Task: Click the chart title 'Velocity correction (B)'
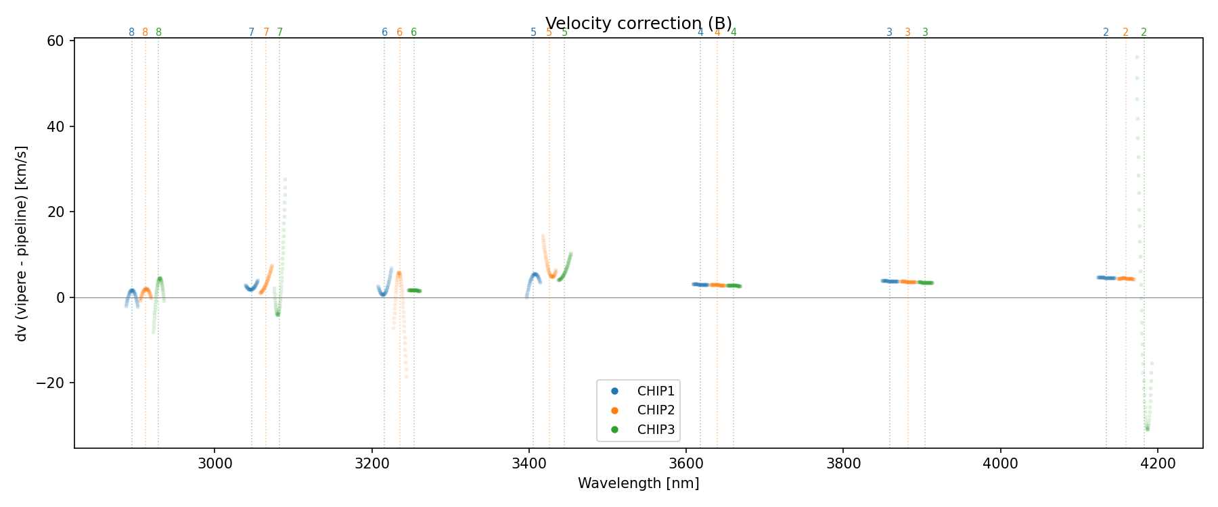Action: (638, 24)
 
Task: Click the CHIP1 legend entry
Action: (655, 391)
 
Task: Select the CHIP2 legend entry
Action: (655, 410)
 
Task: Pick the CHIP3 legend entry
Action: (655, 430)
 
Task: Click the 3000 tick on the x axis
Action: (215, 464)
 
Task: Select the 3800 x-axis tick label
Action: (844, 464)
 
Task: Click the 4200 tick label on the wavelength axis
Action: (1158, 464)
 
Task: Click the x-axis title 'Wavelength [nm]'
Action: (638, 483)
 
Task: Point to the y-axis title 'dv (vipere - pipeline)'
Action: (22, 243)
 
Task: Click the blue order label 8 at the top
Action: (132, 32)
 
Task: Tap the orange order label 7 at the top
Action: (266, 32)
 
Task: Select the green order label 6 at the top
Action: (414, 32)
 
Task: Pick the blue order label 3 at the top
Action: (890, 32)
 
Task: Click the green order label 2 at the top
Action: (1144, 32)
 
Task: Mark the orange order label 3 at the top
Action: (908, 32)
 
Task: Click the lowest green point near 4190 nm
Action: (1147, 429)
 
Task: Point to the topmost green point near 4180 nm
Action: (1137, 57)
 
